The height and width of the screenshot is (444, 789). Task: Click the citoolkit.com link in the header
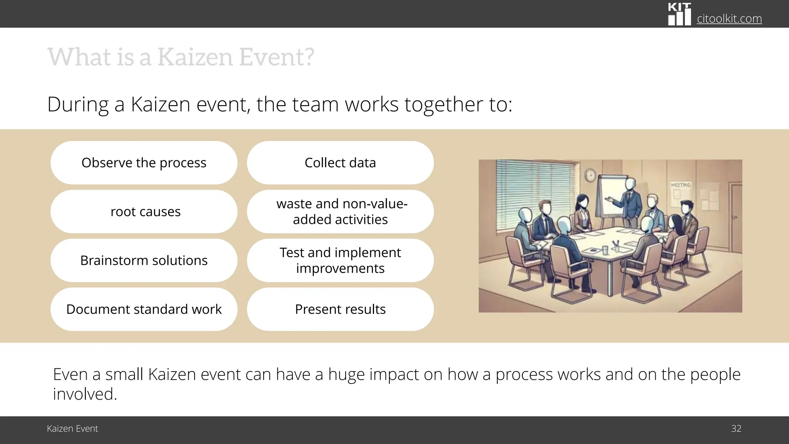click(729, 18)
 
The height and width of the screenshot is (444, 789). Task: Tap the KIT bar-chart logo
click(679, 15)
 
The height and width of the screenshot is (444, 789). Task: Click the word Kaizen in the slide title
click(195, 57)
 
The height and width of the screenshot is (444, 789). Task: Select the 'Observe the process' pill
click(144, 163)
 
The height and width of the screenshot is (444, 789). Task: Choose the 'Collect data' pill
click(340, 163)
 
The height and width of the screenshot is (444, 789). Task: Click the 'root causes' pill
click(144, 212)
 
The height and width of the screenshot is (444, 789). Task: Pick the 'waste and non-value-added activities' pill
click(340, 212)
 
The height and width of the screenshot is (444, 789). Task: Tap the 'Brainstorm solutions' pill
click(144, 261)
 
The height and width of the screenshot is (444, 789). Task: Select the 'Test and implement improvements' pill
click(340, 261)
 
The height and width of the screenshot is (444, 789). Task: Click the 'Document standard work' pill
click(144, 309)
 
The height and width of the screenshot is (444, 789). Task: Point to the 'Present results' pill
click(340, 309)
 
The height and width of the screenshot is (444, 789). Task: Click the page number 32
click(736, 429)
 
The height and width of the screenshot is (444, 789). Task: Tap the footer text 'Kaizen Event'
click(72, 429)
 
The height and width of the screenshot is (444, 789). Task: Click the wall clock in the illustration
click(590, 175)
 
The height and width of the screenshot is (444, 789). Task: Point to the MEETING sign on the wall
click(681, 185)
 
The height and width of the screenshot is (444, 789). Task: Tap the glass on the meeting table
click(605, 250)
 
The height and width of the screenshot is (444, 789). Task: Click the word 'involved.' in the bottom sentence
click(85, 394)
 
